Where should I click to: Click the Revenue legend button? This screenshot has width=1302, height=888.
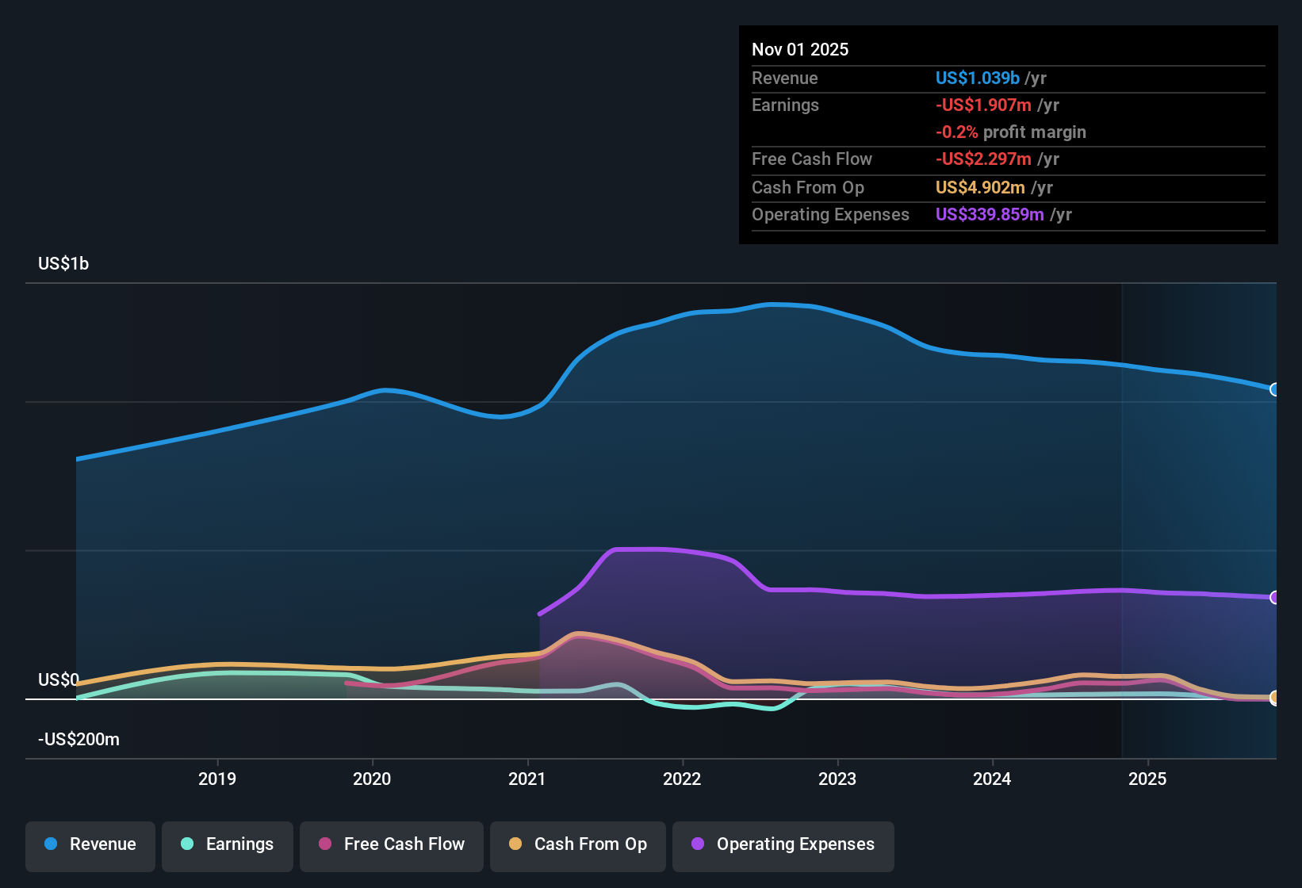click(x=90, y=844)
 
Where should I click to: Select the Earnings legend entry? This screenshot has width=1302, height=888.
click(x=228, y=844)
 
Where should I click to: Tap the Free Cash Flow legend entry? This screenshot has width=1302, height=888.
click(x=392, y=844)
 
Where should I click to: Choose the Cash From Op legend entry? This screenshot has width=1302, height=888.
click(x=578, y=844)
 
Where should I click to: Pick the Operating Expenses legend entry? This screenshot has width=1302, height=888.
click(x=783, y=844)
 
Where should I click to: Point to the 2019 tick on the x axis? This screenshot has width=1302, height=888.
click(x=217, y=779)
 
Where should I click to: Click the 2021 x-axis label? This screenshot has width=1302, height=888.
click(x=527, y=779)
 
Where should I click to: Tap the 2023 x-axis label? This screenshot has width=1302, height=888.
click(x=837, y=779)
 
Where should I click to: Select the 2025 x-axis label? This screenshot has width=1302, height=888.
click(x=1147, y=779)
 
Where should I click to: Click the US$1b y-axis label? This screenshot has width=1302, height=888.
click(x=63, y=264)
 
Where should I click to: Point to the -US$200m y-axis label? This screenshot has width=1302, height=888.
click(x=79, y=740)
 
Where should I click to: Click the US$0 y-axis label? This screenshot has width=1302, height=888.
click(x=59, y=680)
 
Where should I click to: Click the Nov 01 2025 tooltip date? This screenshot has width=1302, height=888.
click(x=800, y=50)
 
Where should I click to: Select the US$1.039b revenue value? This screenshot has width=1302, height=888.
click(x=977, y=78)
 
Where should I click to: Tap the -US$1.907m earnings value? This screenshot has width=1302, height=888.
click(x=983, y=105)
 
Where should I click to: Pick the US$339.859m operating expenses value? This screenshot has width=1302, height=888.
click(x=990, y=215)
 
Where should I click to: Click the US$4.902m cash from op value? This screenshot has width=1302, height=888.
click(x=980, y=188)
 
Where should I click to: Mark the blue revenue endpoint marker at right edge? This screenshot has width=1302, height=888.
click(x=1274, y=389)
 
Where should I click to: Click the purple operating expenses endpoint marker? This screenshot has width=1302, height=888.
click(x=1274, y=597)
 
